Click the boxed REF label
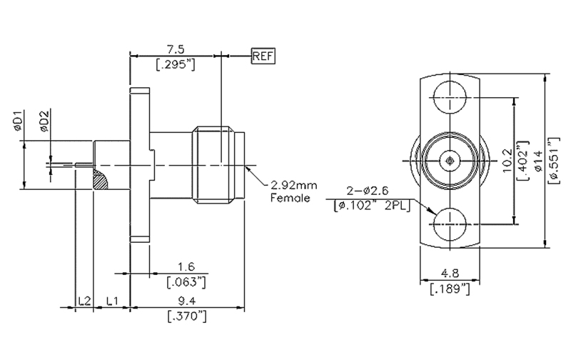point(263,55)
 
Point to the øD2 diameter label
point(44,122)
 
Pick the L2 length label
point(84,302)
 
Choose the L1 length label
point(112,302)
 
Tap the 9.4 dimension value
point(187,301)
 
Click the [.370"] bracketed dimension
point(187,316)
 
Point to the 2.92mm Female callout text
point(290,192)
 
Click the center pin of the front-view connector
point(448,161)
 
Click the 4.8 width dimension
point(450,274)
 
